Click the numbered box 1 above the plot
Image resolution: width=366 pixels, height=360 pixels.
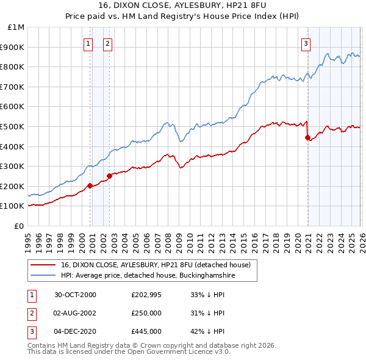coord(89,43)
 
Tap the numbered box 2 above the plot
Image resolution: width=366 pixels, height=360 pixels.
coord(107,43)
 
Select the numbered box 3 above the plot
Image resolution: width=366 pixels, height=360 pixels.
coord(306,43)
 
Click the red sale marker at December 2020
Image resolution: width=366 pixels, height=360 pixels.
coord(307,137)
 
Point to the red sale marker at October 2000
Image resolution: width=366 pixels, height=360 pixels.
coord(90,185)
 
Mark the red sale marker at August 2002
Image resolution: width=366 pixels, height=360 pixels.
coord(109,176)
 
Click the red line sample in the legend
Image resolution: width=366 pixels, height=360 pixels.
coord(43,265)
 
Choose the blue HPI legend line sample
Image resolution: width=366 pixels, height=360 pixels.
coord(43,276)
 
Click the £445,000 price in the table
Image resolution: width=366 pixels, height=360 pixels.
coord(146,331)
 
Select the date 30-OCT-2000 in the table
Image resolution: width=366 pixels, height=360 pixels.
coord(75,295)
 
